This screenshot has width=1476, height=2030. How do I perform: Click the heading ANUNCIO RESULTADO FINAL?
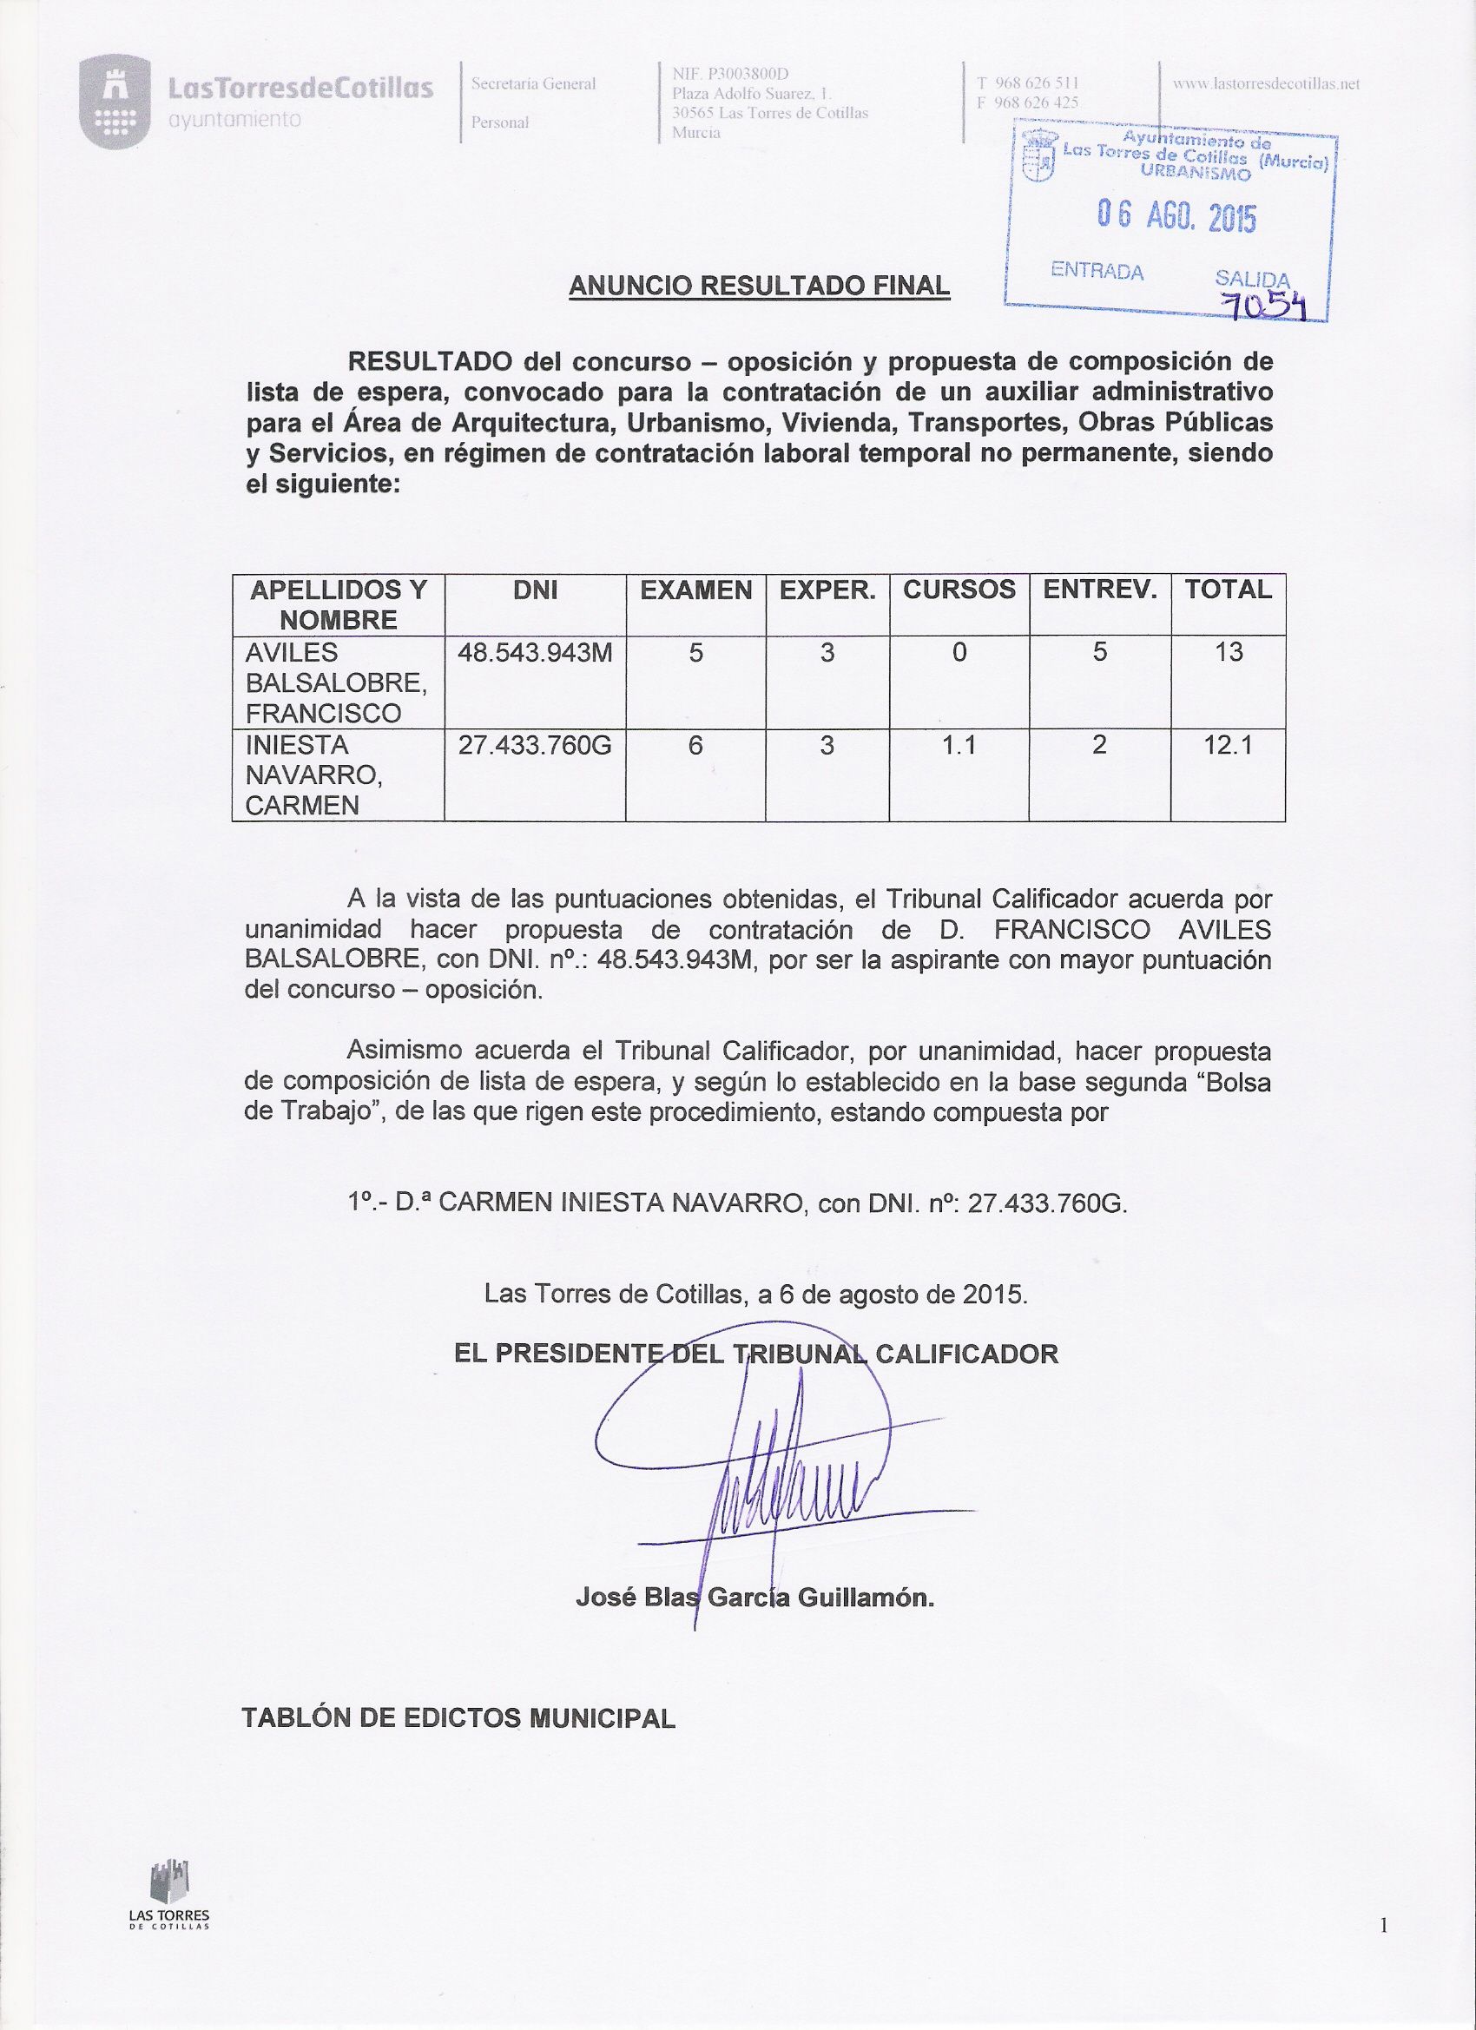(x=759, y=286)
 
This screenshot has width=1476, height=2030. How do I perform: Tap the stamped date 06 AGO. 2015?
(x=1176, y=216)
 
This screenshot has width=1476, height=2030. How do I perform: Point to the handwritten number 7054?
(x=1266, y=306)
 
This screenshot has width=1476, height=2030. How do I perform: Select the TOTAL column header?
(x=1228, y=590)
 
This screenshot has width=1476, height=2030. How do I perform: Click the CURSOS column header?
(x=959, y=590)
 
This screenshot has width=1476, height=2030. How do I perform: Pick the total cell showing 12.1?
(x=1228, y=746)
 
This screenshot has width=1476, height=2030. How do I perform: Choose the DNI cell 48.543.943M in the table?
(x=534, y=653)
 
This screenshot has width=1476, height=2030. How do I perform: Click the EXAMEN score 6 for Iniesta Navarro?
(x=695, y=746)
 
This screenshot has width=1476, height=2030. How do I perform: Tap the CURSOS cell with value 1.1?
(x=959, y=746)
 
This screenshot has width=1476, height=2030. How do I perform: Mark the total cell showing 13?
(x=1228, y=653)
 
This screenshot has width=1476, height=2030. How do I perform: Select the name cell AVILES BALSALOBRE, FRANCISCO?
(x=337, y=683)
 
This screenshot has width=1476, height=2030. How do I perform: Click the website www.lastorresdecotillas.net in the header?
(x=1266, y=84)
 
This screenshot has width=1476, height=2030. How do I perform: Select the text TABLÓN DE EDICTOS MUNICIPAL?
(x=458, y=1718)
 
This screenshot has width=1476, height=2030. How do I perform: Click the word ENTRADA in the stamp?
(x=1097, y=270)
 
